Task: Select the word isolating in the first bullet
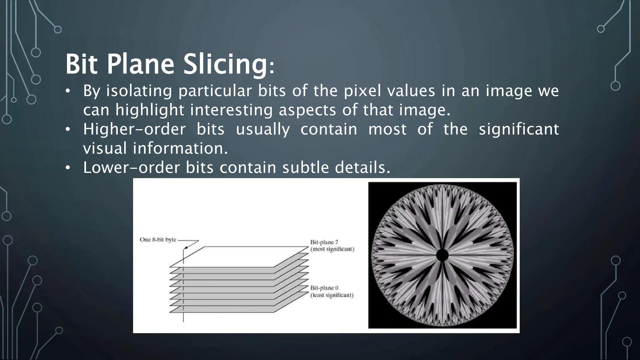point(139,91)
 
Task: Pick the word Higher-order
point(134,129)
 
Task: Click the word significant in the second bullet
point(519,129)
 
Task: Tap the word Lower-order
point(132,167)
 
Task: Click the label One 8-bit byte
point(158,240)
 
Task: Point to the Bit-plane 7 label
point(324,242)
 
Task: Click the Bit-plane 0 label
point(324,288)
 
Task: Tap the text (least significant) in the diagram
point(332,295)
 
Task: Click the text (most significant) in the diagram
point(332,249)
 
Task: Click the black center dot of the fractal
point(442,255)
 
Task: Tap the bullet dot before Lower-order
point(67,168)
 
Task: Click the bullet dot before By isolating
point(67,92)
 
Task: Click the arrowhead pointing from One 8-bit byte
point(186,247)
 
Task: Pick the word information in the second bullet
point(180,148)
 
